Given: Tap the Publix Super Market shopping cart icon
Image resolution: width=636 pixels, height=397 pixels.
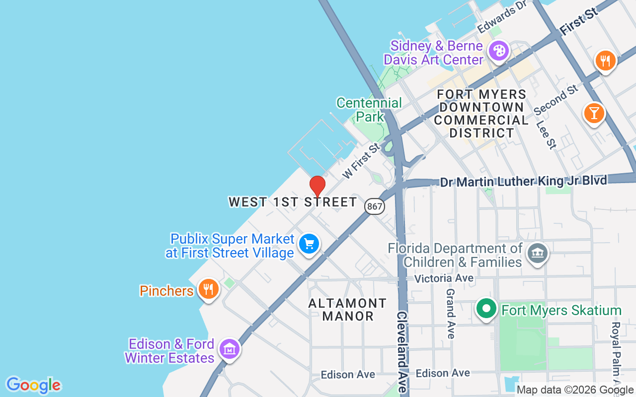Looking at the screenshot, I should [x=309, y=244].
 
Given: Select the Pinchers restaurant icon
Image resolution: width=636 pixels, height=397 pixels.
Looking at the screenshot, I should [x=208, y=288].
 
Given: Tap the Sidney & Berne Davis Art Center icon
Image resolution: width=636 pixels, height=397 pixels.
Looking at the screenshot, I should [x=498, y=51].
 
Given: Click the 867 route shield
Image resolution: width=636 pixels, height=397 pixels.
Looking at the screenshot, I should [x=375, y=206].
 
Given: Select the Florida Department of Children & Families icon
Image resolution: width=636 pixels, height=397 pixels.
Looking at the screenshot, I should [x=537, y=254].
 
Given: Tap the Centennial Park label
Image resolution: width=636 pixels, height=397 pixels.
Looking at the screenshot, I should [x=369, y=110].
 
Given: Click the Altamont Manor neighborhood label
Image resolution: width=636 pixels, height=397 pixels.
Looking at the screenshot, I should [x=347, y=310].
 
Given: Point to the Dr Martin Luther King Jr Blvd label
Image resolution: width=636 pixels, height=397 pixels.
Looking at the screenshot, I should [x=523, y=181].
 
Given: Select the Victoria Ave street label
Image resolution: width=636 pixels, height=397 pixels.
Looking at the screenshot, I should [x=444, y=278].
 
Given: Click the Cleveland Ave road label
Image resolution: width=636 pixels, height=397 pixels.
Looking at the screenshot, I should [x=402, y=352].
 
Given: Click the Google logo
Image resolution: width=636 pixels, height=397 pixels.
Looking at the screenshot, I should [x=33, y=385].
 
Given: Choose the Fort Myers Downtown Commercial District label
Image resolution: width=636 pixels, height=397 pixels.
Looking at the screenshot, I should [x=481, y=114].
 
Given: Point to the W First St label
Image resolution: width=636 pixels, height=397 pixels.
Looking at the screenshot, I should [x=361, y=161].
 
